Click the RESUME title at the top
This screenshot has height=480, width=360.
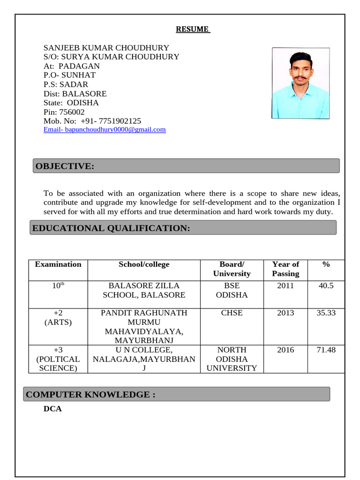click(193, 30)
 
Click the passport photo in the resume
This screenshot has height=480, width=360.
click(300, 83)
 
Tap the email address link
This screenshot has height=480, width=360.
click(105, 129)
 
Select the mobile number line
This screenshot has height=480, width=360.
click(92, 121)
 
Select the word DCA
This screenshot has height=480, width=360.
click(52, 409)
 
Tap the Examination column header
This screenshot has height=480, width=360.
click(58, 264)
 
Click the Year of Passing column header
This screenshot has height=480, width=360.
click(285, 269)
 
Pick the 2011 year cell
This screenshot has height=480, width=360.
click(285, 285)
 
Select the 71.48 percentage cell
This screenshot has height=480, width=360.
click(326, 350)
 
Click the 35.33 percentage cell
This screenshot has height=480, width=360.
click(326, 313)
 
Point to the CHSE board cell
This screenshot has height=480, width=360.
click(232, 313)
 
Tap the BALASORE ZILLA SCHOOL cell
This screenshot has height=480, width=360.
click(144, 290)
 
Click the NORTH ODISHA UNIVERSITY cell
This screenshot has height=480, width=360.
click(232, 359)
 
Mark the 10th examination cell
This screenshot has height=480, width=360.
click(58, 285)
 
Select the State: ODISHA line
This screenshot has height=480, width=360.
click(71, 103)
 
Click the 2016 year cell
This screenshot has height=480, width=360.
click(285, 350)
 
